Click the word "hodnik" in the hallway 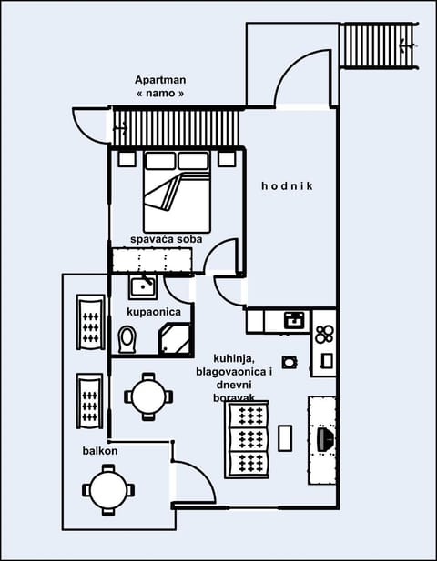287,186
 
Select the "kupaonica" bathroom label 153,312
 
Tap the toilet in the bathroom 127,339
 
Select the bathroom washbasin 142,287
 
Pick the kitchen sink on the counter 293,319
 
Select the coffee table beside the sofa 285,437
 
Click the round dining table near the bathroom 147,396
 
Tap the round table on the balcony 107,490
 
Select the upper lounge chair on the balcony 89,322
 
